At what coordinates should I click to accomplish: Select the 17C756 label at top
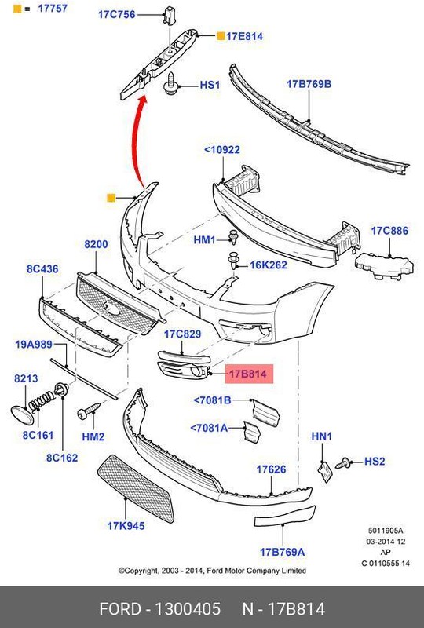[x=115, y=15]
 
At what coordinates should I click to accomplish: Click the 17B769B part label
[x=309, y=83]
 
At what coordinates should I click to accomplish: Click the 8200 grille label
[x=96, y=245]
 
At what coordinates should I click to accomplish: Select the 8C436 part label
[x=42, y=268]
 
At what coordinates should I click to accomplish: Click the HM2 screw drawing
[x=87, y=411]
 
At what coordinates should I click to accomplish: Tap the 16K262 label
[x=269, y=265]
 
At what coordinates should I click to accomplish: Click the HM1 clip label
[x=204, y=239]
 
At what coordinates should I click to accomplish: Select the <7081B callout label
[x=212, y=401]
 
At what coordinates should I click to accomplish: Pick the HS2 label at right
[x=375, y=462]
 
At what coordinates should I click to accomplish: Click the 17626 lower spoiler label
[x=271, y=469]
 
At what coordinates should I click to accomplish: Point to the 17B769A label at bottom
[x=282, y=552]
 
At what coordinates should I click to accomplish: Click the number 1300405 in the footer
[x=186, y=609]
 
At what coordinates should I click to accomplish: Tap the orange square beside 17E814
[x=221, y=36]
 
